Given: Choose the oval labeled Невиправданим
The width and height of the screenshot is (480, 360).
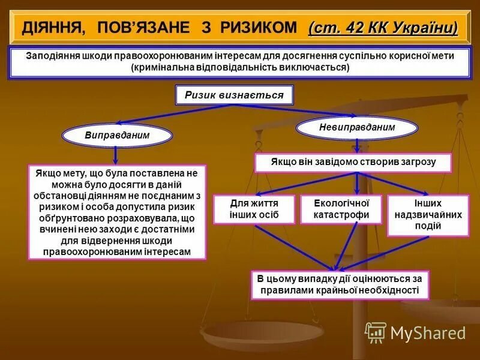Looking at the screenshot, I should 358,127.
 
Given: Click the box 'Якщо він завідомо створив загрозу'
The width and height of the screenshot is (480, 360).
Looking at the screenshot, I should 353,163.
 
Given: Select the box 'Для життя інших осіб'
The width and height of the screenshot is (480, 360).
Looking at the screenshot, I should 254,209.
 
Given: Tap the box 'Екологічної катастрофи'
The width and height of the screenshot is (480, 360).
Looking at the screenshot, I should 341,209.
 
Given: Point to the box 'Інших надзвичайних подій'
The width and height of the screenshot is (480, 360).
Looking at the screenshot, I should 427,215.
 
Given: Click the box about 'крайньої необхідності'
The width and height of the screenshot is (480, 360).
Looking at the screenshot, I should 340,284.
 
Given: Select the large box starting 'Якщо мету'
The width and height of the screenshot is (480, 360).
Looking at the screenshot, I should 118,212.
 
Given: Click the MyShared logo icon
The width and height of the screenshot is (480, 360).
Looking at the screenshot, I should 375,332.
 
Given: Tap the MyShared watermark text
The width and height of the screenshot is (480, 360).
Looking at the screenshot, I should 427,333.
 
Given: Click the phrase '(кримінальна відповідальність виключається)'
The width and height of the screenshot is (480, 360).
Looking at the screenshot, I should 239,67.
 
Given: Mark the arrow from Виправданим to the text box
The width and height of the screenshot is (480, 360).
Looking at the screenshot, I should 116,155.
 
